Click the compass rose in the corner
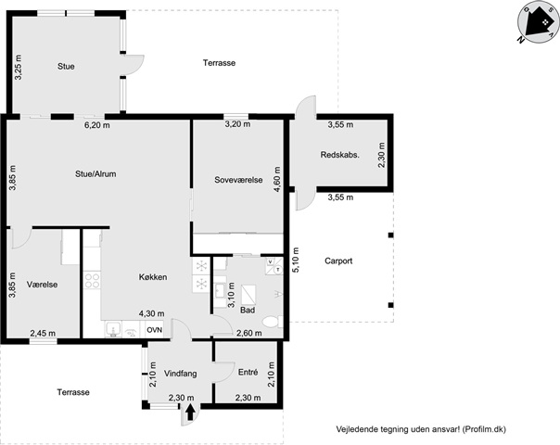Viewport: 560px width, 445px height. coord(539,22)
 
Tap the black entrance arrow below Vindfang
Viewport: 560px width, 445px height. coord(190,412)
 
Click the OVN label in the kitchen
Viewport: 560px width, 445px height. coord(155,330)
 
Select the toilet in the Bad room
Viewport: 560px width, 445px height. coord(273,322)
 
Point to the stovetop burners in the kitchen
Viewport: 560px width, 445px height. coord(92,280)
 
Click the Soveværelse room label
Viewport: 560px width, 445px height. coord(238,180)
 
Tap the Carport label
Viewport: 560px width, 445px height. coord(338,261)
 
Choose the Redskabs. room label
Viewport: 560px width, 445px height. coord(339,155)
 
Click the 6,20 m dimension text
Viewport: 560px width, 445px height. coord(97,125)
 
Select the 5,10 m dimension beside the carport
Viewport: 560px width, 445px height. coord(296,260)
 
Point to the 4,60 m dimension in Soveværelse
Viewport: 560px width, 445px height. coord(277,179)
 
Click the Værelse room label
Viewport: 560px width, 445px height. coord(42,285)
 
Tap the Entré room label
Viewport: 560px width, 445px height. coord(248,372)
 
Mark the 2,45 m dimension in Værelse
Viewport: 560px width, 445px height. coord(43,333)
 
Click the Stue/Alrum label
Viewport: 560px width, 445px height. coord(95,174)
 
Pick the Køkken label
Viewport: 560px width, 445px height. coord(153,277)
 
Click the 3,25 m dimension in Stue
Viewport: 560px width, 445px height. coord(18,67)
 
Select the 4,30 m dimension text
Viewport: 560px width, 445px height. coord(152,313)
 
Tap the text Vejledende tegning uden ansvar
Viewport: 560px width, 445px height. coord(398,429)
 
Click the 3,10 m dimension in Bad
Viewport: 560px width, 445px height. coord(232,295)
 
